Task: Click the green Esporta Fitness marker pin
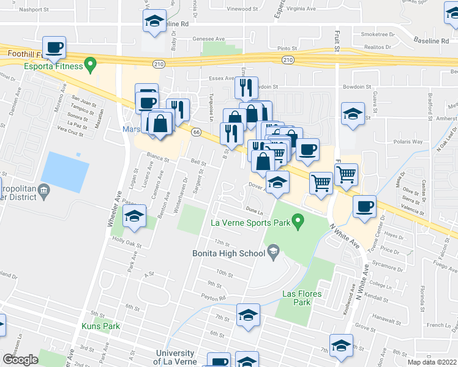click(91, 62)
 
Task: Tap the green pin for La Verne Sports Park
click(298, 221)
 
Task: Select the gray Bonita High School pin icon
click(274, 251)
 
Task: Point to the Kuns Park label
click(99, 327)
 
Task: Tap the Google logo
click(21, 360)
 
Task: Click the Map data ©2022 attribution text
click(432, 362)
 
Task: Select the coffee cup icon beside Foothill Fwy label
click(54, 46)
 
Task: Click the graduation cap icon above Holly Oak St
click(134, 216)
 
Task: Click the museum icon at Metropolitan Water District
click(44, 191)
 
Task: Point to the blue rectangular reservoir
click(66, 171)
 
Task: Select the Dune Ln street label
click(254, 210)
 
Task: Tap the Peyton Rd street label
click(215, 298)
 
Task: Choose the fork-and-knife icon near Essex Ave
click(246, 87)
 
